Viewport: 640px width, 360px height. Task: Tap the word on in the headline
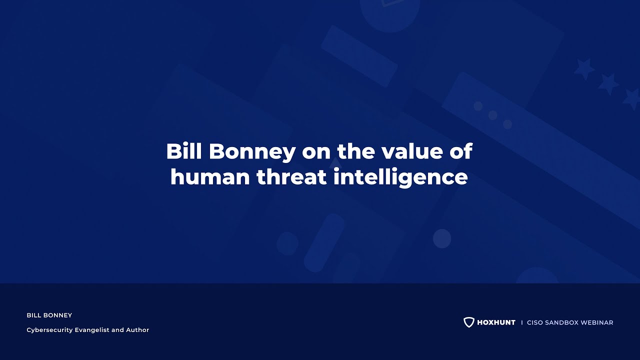316,152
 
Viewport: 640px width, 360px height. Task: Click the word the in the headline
355,151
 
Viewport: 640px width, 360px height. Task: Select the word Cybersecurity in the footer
49,330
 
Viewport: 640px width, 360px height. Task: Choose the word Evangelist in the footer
93,330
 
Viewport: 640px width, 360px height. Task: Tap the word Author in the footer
138,330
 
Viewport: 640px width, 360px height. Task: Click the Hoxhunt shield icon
468,322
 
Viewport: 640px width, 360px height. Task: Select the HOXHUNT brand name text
496,322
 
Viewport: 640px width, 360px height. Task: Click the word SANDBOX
562,322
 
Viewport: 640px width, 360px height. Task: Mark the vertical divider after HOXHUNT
521,322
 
